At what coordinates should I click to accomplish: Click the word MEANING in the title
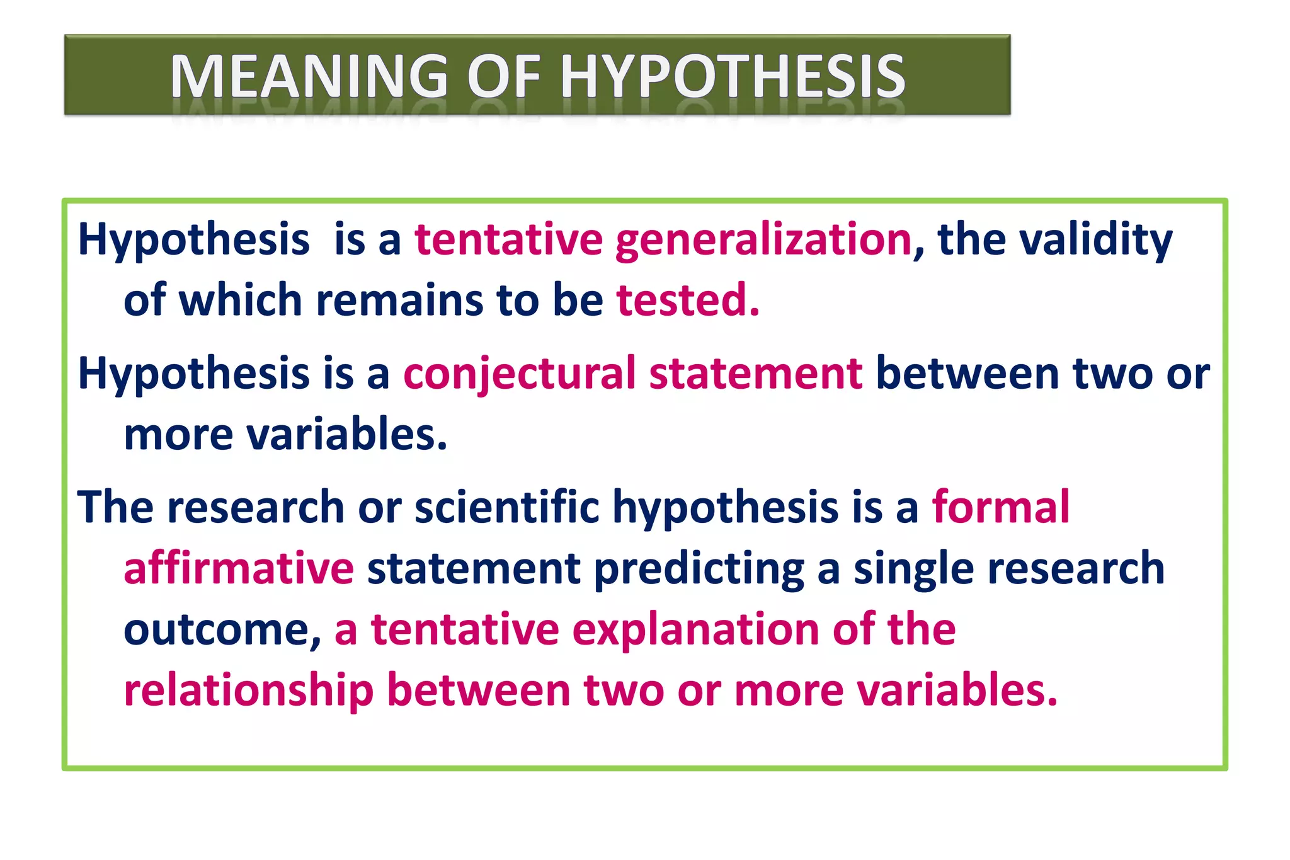pos(309,76)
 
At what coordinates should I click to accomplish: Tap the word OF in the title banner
pos(504,76)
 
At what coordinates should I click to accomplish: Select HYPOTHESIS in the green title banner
pos(733,76)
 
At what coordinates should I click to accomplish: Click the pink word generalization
pos(763,240)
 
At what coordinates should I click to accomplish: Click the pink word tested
pos(687,300)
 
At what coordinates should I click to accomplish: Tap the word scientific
pos(506,507)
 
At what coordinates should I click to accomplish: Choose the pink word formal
pos(1001,507)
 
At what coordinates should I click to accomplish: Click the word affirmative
pos(239,568)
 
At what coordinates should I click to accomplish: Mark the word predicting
pos(699,568)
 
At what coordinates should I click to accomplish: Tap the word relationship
pos(249,689)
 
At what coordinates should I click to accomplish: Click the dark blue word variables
pos(348,435)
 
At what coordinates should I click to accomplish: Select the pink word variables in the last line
pos(958,689)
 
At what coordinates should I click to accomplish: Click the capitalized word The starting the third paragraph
pos(115,507)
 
